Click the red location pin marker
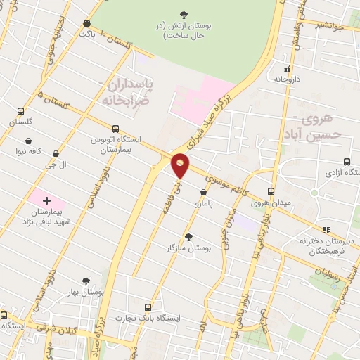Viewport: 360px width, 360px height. [181, 166]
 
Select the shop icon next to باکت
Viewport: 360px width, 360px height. [87, 22]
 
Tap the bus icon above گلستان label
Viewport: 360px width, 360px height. [20, 111]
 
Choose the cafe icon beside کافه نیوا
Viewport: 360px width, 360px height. [27, 140]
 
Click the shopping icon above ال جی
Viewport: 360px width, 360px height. [56, 153]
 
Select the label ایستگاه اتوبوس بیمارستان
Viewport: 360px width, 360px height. [115, 145]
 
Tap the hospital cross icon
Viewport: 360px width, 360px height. [47, 201]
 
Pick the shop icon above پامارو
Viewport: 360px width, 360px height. [203, 191]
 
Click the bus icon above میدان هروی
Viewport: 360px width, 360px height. [271, 191]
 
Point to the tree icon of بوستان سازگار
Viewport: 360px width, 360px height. [188, 237]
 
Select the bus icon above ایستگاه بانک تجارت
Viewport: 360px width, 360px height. [148, 307]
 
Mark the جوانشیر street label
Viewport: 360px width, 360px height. [328, 27]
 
